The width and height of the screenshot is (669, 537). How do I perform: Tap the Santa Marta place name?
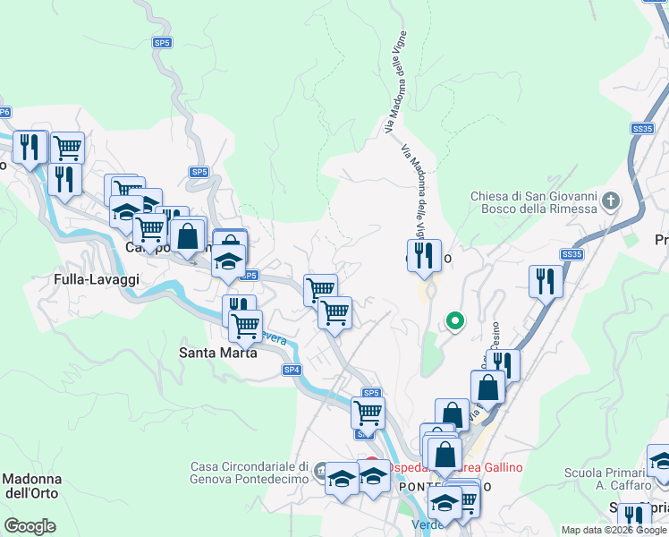[x=218, y=353]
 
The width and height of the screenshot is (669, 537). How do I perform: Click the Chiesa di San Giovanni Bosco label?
[x=534, y=202]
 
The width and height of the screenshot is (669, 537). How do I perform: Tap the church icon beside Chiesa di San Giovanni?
[x=611, y=199]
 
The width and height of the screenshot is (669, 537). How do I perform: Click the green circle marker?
[x=454, y=320]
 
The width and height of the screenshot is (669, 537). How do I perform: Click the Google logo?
[x=30, y=526]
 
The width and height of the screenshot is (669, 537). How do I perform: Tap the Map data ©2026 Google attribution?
[x=614, y=530]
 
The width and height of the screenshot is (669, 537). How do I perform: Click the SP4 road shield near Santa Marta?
[x=292, y=370]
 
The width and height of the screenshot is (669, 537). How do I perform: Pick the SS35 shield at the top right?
[x=642, y=129]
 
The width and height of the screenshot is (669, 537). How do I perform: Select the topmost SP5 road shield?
[x=162, y=42]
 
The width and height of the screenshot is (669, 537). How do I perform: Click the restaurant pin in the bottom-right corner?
[x=634, y=517]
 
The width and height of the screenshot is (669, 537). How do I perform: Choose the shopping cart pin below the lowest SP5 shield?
[x=368, y=413]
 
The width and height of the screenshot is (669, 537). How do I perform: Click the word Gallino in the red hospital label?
[x=496, y=468]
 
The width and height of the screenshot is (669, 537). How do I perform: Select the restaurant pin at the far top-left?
[x=30, y=149]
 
